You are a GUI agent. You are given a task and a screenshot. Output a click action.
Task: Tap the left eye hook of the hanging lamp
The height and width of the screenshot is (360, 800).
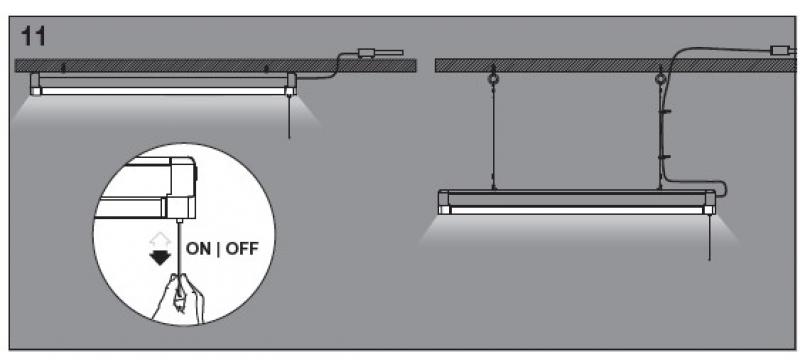click(491, 79)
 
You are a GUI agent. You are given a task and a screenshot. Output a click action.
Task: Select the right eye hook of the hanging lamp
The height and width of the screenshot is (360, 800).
click(659, 79)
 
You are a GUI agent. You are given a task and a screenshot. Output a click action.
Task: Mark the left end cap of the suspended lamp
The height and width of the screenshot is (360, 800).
click(445, 202)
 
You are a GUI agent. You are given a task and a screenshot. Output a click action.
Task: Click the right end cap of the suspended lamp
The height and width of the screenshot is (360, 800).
click(710, 202)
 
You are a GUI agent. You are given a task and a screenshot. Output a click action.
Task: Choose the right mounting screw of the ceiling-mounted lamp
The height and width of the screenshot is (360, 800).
click(266, 70)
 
